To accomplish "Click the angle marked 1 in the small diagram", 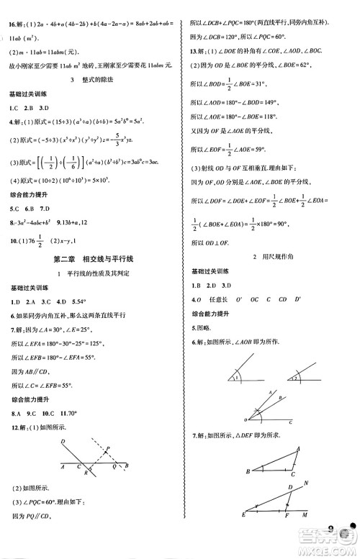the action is click(x=234, y=377).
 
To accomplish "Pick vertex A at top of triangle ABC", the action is click(x=297, y=448).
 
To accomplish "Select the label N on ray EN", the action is click(x=306, y=484).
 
